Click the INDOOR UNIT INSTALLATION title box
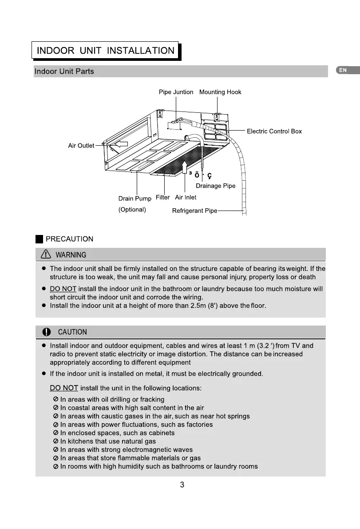click(105, 50)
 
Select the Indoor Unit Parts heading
click(64, 72)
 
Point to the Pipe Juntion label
click(176, 92)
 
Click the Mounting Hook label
click(220, 92)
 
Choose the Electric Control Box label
click(274, 131)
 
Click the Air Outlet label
click(81, 146)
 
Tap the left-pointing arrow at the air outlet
click(119, 143)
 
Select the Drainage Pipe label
click(215, 186)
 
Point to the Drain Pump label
click(135, 199)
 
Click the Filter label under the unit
click(162, 197)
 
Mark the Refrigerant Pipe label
click(194, 211)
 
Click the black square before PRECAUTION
click(40, 239)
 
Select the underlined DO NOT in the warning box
click(63, 289)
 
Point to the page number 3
click(182, 485)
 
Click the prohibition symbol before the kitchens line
click(55, 441)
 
